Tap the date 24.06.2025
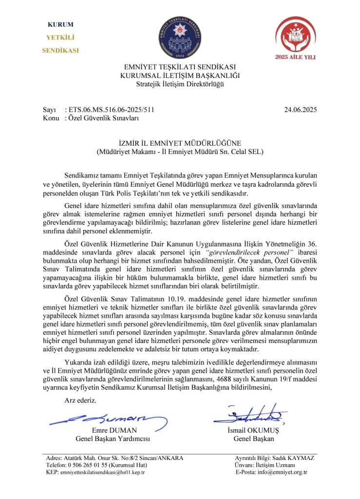click(300, 111)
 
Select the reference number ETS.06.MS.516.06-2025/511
click(113, 111)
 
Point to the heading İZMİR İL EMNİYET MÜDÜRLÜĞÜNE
click(180, 143)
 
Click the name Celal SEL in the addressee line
click(247, 152)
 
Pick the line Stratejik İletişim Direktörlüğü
click(180, 84)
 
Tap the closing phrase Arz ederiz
click(80, 400)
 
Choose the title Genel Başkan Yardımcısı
click(113, 439)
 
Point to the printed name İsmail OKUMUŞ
click(254, 430)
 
